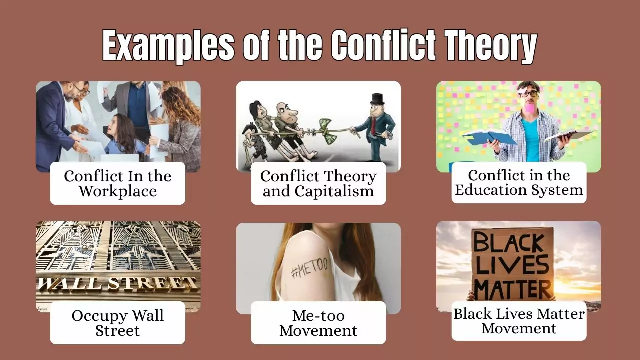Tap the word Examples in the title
[168, 46]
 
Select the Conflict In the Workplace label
[118, 183]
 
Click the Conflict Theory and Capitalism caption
[318, 183]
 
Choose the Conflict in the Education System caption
[519, 182]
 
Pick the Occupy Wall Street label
[118, 323]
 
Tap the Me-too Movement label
[318, 323]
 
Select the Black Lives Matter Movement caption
[519, 321]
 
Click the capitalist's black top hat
[377, 98]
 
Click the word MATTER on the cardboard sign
[513, 289]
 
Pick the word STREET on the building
[152, 283]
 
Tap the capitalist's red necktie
[372, 127]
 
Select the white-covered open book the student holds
[567, 135]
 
